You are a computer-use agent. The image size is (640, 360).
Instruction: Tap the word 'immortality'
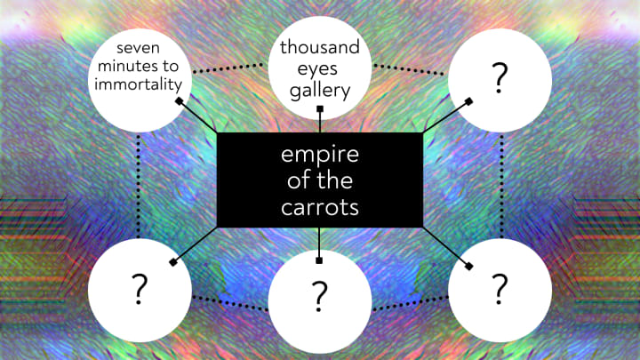pos(141,84)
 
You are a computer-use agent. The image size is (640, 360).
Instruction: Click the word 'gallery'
pos(319,90)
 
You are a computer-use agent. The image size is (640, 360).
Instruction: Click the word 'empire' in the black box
pos(319,154)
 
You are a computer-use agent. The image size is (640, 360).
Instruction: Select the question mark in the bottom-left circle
pos(140,287)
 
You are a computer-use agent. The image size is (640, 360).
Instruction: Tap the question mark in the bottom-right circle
pos(500,287)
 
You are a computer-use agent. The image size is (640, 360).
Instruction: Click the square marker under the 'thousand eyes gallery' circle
pos(320,109)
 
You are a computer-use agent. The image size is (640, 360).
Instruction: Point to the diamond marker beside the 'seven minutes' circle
pos(180,102)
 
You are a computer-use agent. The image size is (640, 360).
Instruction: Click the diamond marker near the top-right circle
pos(461,102)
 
